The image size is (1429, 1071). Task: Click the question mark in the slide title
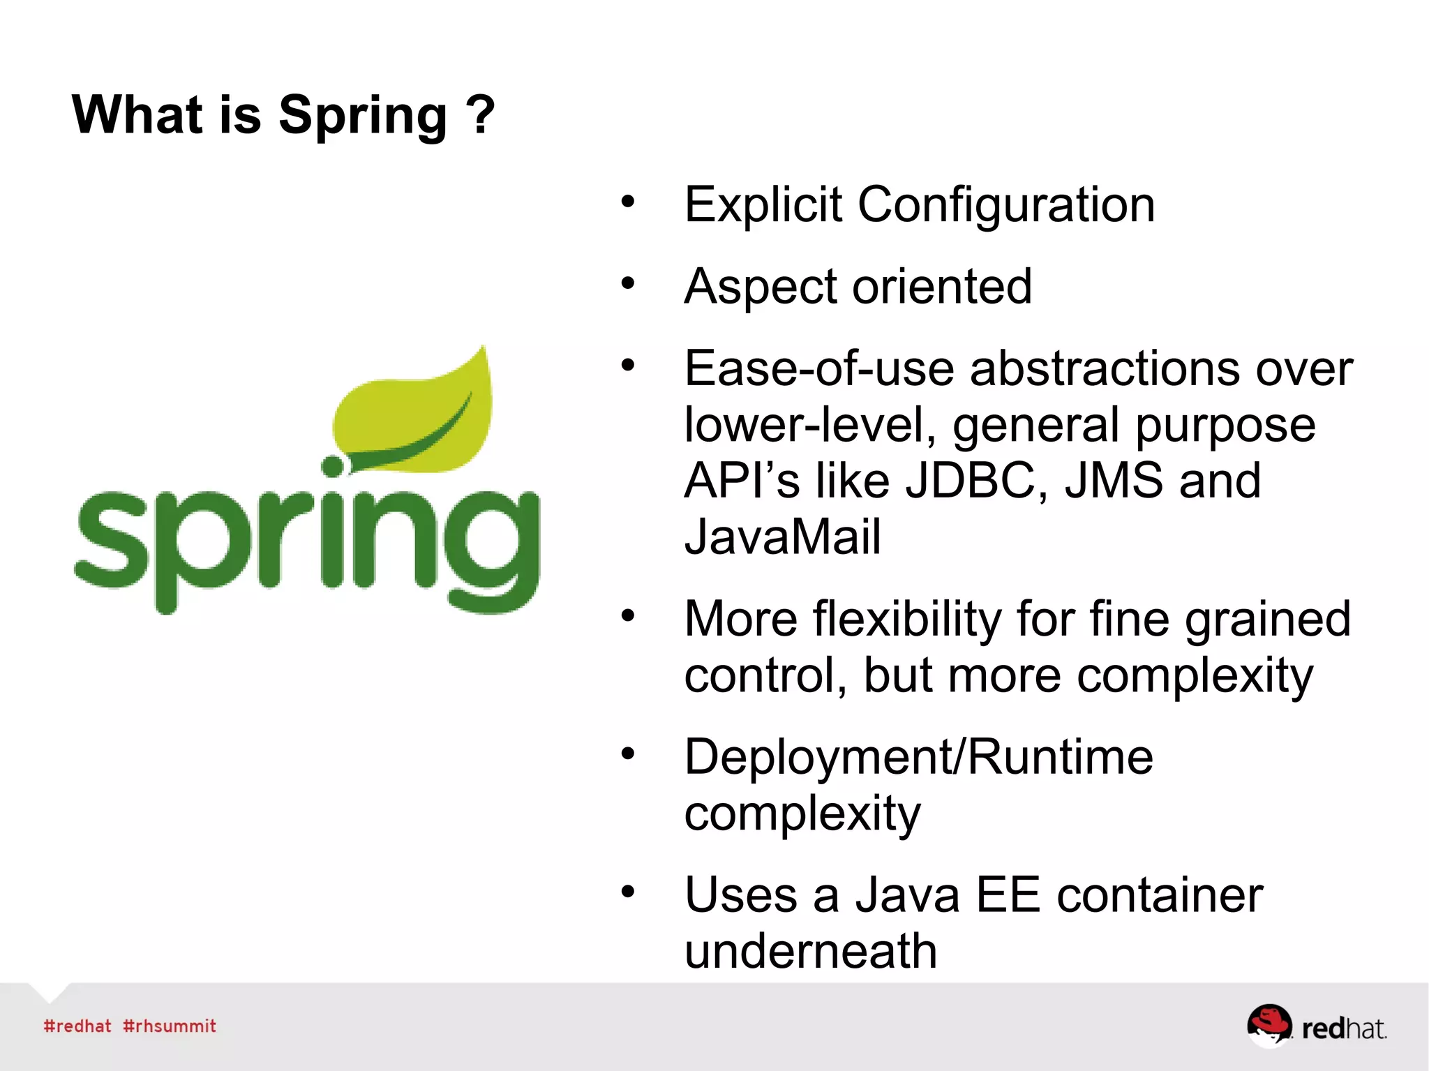pyautogui.click(x=481, y=115)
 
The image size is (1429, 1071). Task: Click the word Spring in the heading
pyautogui.click(x=362, y=117)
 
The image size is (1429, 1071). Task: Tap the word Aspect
pyautogui.click(x=760, y=287)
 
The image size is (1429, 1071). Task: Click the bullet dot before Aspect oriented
pyautogui.click(x=628, y=284)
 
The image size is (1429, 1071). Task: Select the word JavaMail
pyautogui.click(x=782, y=537)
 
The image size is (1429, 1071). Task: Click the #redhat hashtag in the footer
pyautogui.click(x=77, y=1026)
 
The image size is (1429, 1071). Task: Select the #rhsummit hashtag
pyautogui.click(x=170, y=1026)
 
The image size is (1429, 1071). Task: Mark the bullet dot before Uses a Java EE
pyautogui.click(x=628, y=892)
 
